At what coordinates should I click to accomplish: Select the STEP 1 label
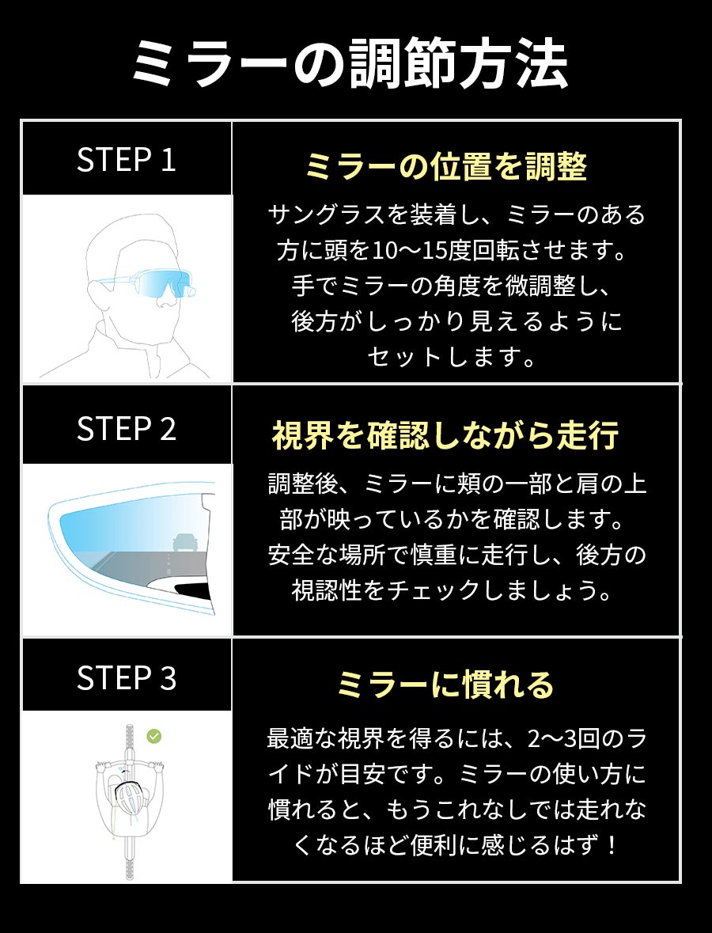[126, 160]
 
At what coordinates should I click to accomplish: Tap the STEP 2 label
[126, 428]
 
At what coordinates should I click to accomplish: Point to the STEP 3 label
[126, 677]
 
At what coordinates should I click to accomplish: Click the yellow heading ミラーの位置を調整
[445, 166]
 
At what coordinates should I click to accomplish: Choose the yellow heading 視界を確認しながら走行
[445, 435]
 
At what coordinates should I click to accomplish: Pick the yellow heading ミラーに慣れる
[445, 685]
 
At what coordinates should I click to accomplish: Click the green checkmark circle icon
[154, 737]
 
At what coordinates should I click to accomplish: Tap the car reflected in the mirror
[184, 542]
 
